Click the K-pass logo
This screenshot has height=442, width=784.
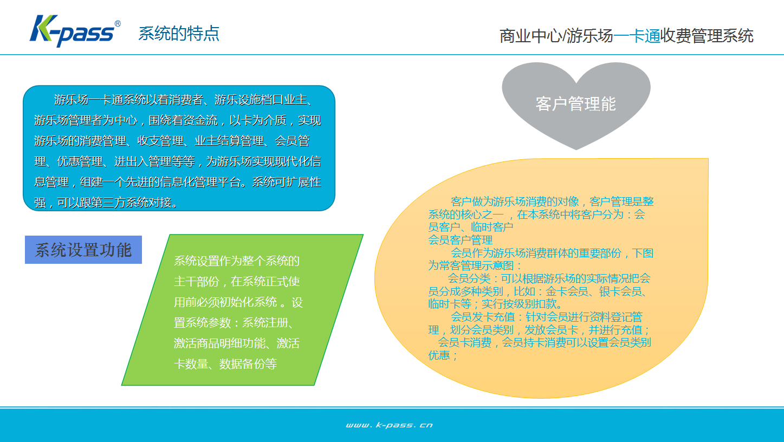(x=75, y=31)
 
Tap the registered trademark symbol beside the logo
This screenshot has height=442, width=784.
(x=118, y=23)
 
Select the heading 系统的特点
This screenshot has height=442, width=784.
(x=178, y=34)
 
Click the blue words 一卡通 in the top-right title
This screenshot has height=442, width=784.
(x=637, y=36)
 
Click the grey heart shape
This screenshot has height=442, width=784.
(x=576, y=101)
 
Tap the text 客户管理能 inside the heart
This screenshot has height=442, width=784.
(x=576, y=104)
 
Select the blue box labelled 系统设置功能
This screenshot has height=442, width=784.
(x=83, y=250)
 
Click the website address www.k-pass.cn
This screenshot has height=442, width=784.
(x=389, y=425)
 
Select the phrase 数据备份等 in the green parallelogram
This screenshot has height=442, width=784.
(x=248, y=364)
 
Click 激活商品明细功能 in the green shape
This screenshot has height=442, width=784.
(x=219, y=343)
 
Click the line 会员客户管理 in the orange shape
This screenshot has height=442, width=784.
(x=460, y=240)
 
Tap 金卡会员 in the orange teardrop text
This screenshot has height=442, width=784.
(x=567, y=291)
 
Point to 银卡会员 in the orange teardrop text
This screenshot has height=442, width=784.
(x=620, y=291)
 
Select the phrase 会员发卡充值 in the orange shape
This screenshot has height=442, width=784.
(x=483, y=317)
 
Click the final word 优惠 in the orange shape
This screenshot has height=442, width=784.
(x=439, y=355)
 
